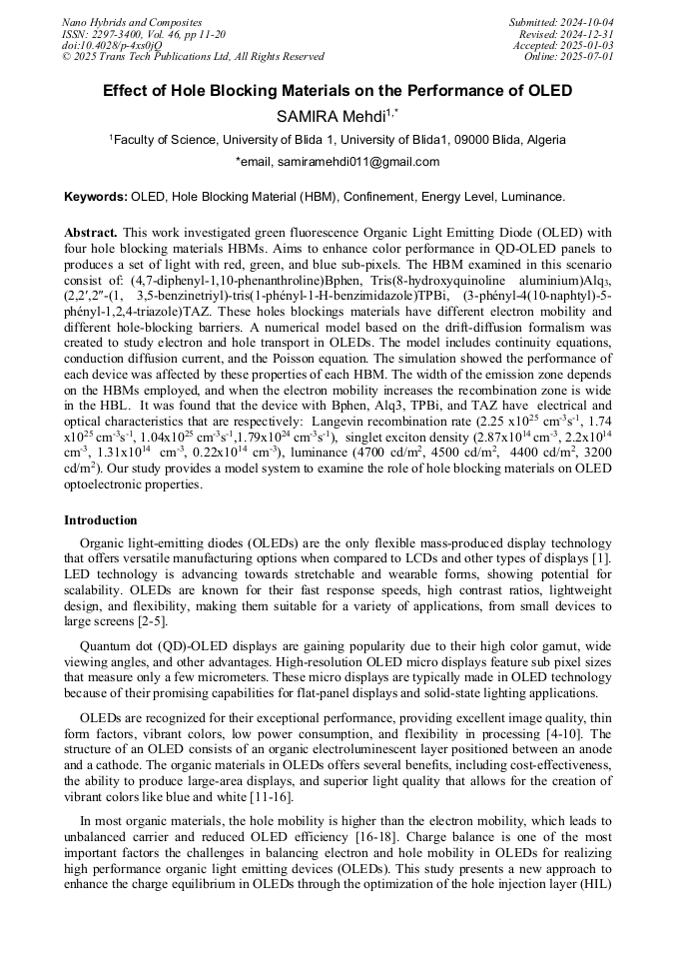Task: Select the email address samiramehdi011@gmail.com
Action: coord(357,162)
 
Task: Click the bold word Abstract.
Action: coord(91,232)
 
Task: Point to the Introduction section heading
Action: coord(101,520)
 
